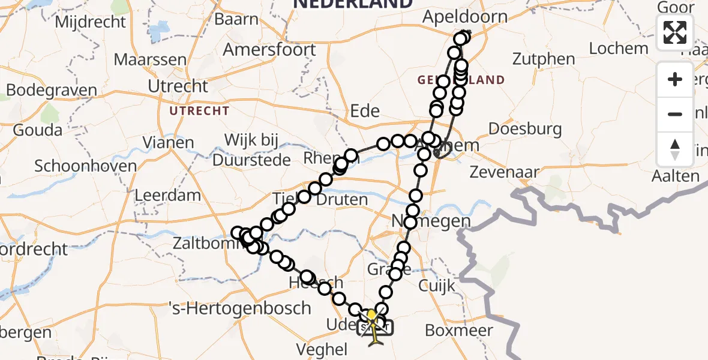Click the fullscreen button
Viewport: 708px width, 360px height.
675,32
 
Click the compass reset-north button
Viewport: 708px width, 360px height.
675,149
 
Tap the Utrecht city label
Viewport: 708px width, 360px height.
178,86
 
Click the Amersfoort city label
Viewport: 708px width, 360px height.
269,49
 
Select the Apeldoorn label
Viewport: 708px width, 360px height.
464,17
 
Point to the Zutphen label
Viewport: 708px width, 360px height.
544,59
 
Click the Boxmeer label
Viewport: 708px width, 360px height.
459,330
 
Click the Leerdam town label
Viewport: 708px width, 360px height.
168,195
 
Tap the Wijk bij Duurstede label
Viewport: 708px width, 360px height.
251,150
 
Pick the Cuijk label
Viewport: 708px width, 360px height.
437,286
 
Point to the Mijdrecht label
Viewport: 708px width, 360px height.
90,22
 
